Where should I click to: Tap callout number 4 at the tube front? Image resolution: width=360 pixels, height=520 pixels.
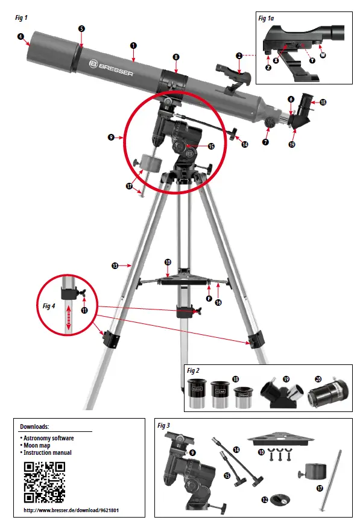pyautogui.click(x=21, y=36)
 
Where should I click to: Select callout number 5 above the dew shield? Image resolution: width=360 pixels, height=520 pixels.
pyautogui.click(x=82, y=28)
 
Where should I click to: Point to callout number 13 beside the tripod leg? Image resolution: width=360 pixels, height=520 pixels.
pyautogui.click(x=114, y=264)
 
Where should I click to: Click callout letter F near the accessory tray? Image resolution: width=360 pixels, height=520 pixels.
pyautogui.click(x=209, y=297)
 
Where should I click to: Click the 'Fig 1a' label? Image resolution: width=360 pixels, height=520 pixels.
pyautogui.click(x=266, y=18)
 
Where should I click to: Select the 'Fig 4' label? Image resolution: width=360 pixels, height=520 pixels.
pyautogui.click(x=49, y=306)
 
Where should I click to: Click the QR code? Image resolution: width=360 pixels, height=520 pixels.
pyautogui.click(x=43, y=482)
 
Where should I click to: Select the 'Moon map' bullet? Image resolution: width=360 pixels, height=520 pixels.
pyautogui.click(x=38, y=445)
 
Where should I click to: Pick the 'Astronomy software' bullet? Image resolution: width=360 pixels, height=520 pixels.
pyautogui.click(x=48, y=438)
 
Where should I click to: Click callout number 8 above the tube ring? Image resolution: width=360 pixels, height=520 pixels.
pyautogui.click(x=175, y=56)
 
